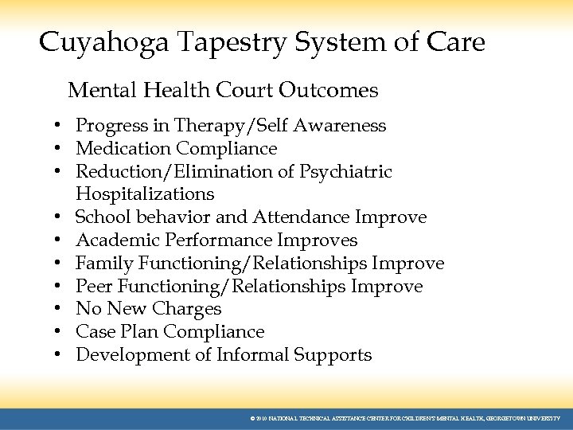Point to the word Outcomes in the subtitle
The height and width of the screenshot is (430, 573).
[328, 91]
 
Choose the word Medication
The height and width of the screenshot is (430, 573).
[123, 149]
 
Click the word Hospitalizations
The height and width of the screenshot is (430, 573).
[145, 194]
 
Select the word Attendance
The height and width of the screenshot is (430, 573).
[302, 217]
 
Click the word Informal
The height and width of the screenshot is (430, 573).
[252, 355]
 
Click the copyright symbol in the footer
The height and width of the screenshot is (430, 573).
[252, 418]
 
